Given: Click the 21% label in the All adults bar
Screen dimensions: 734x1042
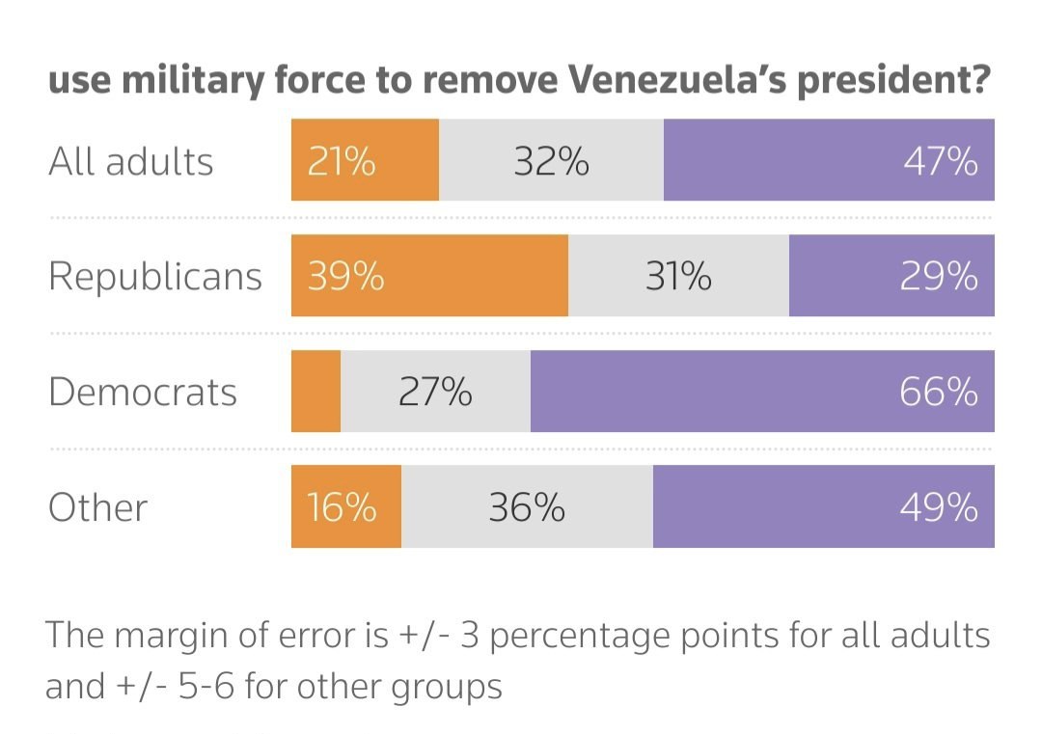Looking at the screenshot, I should (342, 161).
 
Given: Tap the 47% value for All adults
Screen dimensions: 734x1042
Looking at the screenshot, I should (941, 161).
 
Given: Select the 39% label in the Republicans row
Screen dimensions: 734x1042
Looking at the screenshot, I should (345, 277).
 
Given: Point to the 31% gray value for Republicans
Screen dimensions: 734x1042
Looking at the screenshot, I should (678, 277).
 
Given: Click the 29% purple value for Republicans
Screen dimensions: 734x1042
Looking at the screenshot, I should (941, 277).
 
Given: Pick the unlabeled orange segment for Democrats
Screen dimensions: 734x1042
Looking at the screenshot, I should (315, 392).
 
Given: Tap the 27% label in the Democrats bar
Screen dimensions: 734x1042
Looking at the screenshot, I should (435, 392).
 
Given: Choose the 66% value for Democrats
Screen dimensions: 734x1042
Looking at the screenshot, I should (941, 392).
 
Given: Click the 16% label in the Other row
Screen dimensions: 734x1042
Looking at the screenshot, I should (342, 507).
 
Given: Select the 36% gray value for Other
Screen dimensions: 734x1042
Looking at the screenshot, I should (527, 507).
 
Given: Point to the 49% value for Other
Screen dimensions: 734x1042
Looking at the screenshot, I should (941, 507).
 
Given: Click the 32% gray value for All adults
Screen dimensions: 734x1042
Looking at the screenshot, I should (551, 161).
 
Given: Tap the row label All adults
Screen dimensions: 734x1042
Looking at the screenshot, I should (131, 161).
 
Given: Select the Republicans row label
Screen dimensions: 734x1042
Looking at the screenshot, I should (154, 277).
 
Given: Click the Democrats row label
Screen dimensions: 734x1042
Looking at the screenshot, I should (143, 392).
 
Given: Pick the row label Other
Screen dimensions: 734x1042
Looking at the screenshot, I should (97, 507).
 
